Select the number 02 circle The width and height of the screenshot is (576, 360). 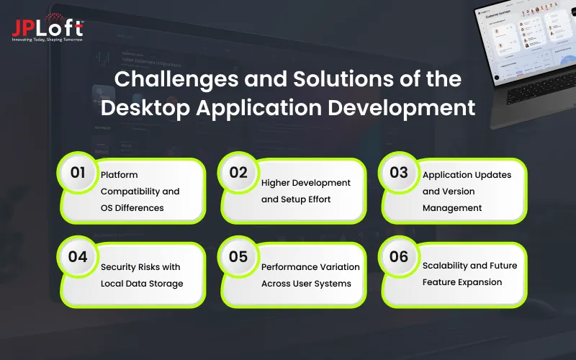coord(239,173)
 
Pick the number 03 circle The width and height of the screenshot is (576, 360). coord(399,173)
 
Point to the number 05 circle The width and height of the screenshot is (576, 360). coord(239,257)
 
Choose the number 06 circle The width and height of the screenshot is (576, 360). coord(399,257)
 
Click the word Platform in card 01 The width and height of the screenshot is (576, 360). coord(120,175)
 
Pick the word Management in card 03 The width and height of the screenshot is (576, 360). coord(452,207)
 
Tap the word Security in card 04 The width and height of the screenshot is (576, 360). coord(119,266)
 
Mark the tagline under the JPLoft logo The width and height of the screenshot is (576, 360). coord(48,39)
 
